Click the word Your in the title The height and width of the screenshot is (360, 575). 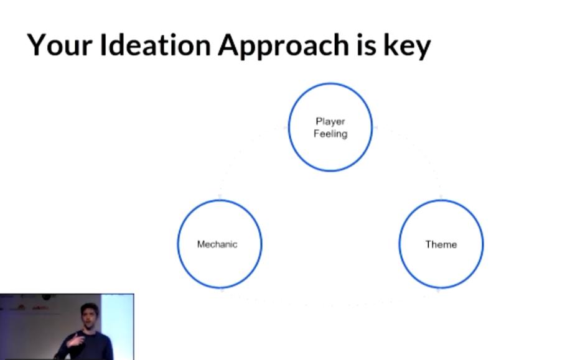(x=59, y=45)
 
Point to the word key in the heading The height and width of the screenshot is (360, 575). (x=407, y=47)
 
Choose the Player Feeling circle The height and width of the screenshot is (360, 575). (x=288, y=127)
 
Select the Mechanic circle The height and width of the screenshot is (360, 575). (x=178, y=244)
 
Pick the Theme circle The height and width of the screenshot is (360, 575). (x=400, y=244)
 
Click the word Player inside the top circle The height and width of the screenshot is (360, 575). (x=330, y=122)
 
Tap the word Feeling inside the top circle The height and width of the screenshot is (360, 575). (x=330, y=134)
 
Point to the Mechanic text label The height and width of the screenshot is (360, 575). (x=217, y=244)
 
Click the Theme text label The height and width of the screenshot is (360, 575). (x=441, y=244)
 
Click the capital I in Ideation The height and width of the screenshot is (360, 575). (x=103, y=45)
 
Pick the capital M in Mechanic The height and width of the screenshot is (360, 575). (x=201, y=244)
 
